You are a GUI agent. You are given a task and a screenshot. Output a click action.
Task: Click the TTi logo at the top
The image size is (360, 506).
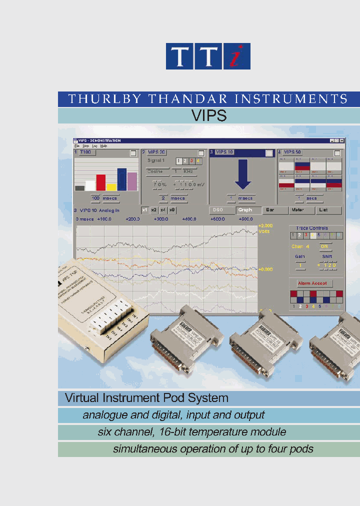[208, 56]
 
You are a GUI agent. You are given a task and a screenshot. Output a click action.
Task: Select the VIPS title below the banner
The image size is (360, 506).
[208, 116]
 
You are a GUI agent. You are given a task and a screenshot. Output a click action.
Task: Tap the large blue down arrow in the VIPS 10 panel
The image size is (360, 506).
[242, 175]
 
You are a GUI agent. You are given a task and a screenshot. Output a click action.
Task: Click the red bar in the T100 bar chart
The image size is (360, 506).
[100, 182]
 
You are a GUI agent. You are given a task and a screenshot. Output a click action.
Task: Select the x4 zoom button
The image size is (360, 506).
[162, 210]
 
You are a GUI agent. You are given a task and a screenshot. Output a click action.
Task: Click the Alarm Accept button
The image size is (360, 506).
[312, 283]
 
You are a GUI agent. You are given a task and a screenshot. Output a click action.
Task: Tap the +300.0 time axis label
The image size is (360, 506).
[161, 219]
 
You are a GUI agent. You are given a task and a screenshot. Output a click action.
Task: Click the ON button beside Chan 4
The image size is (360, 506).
[324, 246]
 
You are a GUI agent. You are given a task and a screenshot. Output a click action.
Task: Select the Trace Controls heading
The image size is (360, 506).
[312, 228]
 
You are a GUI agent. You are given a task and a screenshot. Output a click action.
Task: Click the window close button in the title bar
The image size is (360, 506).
[342, 141]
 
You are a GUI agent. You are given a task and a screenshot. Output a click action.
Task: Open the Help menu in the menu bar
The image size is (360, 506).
[103, 146]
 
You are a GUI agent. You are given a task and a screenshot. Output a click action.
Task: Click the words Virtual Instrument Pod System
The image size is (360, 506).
[146, 398]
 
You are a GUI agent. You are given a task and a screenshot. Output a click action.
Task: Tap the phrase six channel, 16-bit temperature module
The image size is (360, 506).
[192, 432]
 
